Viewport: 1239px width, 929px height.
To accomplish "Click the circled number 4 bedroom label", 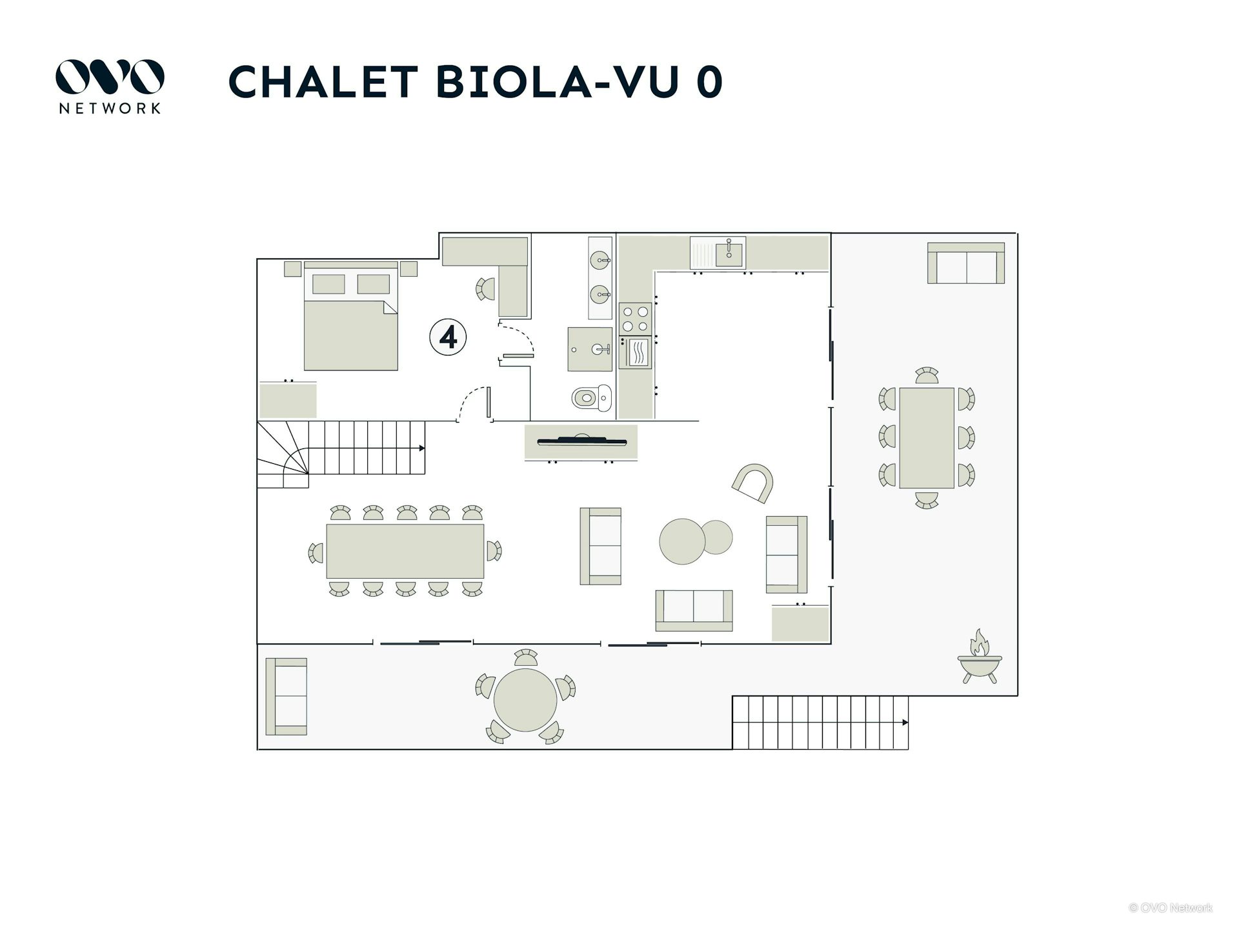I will click(x=448, y=337).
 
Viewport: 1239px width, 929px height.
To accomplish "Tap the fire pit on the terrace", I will click(x=979, y=658).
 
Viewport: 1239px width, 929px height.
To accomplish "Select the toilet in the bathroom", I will click(x=591, y=397).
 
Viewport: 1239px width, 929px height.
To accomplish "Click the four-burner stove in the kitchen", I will click(x=635, y=319).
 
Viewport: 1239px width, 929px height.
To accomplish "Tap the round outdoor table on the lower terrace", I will click(x=525, y=700).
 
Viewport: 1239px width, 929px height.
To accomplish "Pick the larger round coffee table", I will click(x=682, y=541).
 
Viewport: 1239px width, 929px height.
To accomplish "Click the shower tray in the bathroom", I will click(x=589, y=349).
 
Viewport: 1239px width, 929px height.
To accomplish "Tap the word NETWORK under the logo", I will click(x=110, y=108).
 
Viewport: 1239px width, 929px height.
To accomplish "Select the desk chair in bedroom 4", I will click(x=485, y=289).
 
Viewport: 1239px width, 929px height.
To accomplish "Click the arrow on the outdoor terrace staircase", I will click(x=905, y=723).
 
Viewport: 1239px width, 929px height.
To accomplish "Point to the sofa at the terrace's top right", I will click(x=966, y=263).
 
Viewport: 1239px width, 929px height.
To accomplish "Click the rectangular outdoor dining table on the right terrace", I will click(x=927, y=437).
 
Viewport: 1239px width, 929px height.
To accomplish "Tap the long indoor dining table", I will click(x=405, y=551).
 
